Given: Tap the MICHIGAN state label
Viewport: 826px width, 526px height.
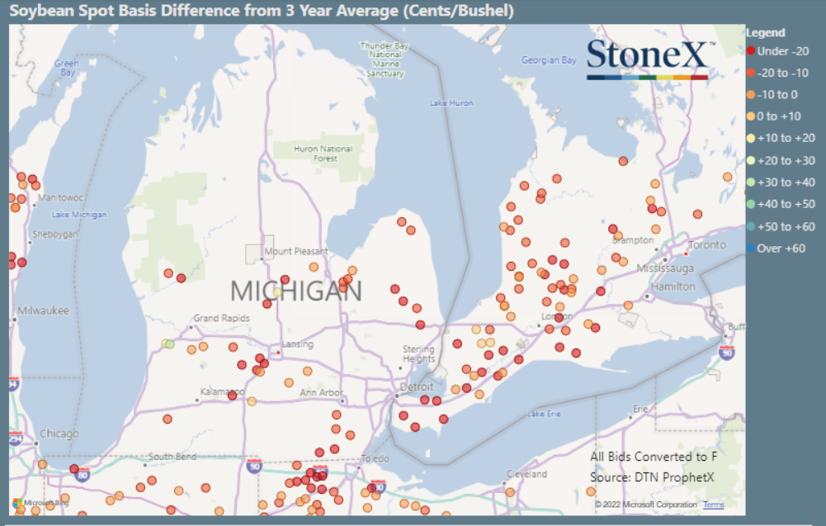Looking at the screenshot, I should (x=295, y=291).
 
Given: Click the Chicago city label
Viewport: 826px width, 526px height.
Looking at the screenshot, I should (x=59, y=434).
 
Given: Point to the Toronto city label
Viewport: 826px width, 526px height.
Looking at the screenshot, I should (x=707, y=245).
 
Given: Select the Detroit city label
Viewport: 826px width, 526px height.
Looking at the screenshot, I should (x=416, y=386).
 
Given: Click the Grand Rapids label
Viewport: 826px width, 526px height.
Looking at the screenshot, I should (x=219, y=318).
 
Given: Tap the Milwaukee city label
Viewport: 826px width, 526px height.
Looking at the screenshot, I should (x=43, y=310).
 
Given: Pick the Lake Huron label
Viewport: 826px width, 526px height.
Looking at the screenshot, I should (x=451, y=103).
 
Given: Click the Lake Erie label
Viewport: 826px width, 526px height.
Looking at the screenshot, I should (x=545, y=413).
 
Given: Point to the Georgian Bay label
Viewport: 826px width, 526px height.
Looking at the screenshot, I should (x=549, y=60).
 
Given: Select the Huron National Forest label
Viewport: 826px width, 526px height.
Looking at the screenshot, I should (x=323, y=154).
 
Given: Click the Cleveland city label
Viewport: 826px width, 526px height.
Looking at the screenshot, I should (x=526, y=474).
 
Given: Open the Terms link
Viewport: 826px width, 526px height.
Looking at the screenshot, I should (x=714, y=504).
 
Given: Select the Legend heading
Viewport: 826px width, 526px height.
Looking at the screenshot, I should (x=765, y=33).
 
